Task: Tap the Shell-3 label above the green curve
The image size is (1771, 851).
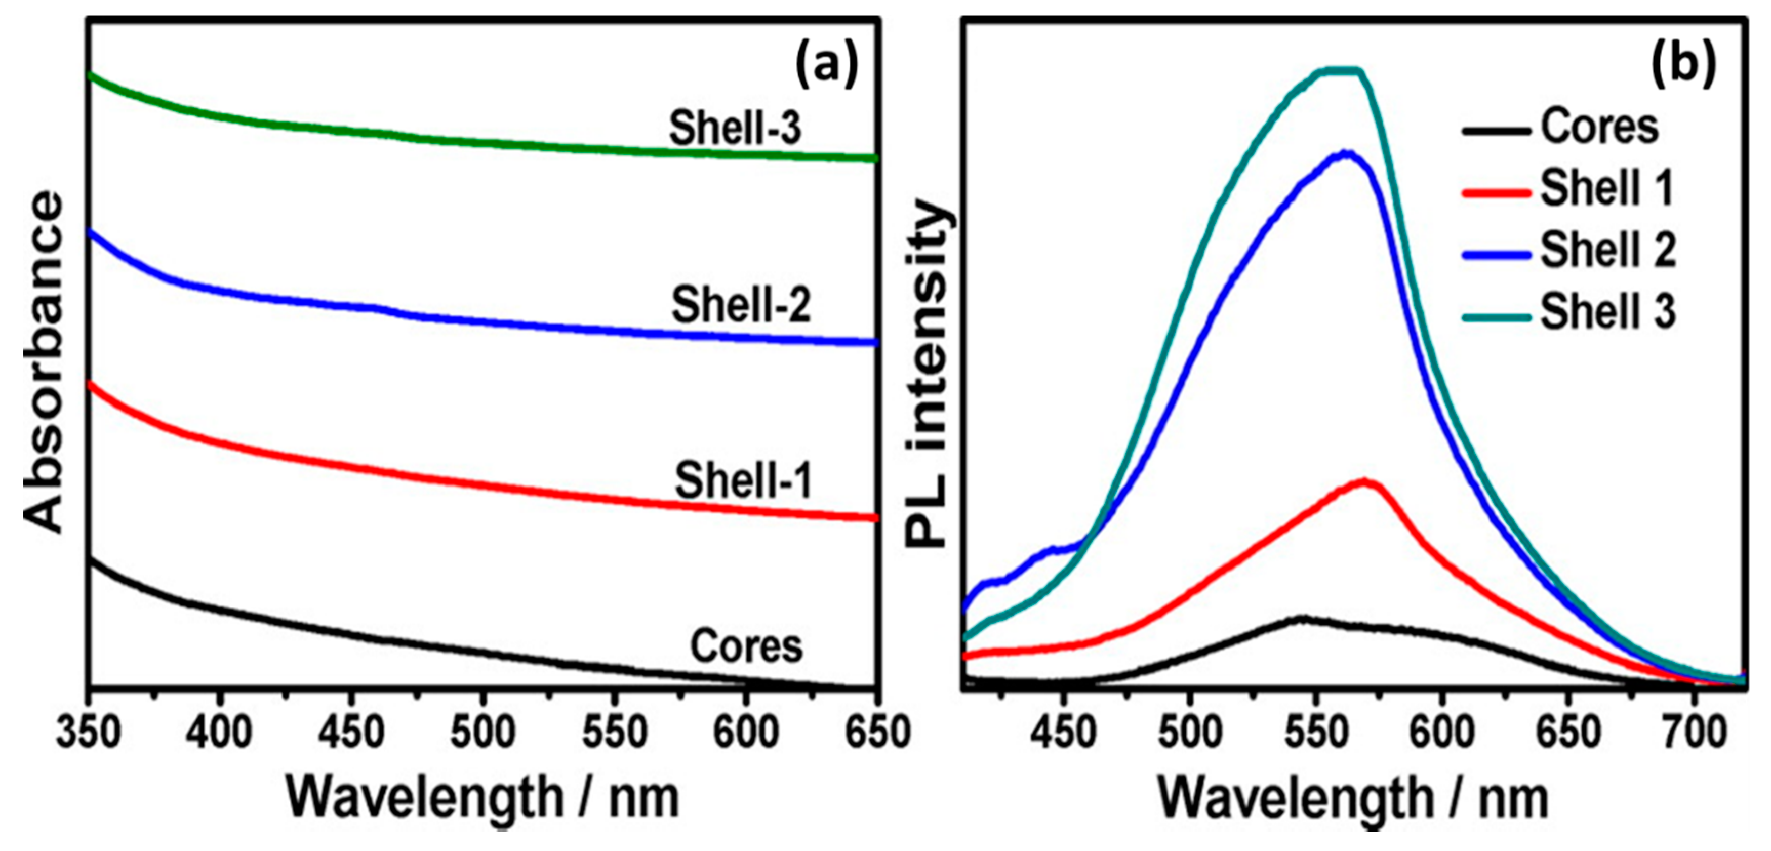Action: click(x=736, y=128)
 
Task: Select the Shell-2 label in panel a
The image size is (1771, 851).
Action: click(x=741, y=305)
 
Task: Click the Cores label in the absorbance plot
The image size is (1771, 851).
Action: click(x=746, y=645)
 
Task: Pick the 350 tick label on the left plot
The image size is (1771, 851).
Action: click(x=88, y=733)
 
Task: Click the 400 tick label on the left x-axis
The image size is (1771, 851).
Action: click(x=219, y=733)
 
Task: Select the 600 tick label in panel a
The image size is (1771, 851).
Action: click(x=745, y=733)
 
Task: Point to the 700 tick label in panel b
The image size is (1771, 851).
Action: click(x=1694, y=733)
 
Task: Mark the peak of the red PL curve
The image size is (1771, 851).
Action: click(x=1364, y=480)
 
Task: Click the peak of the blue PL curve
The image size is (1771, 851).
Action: click(x=1346, y=152)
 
